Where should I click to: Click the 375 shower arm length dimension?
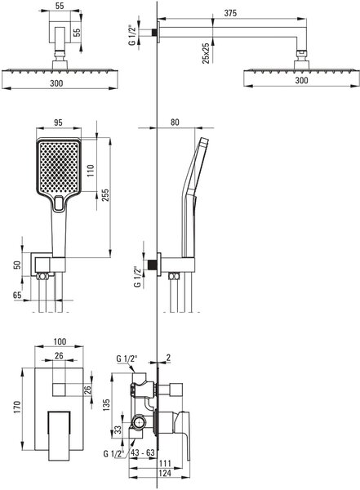click(x=230, y=13)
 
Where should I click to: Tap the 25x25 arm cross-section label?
click(x=206, y=53)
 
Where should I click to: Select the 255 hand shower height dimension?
click(x=105, y=195)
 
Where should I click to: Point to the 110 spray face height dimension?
click(x=91, y=171)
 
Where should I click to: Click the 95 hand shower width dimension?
click(x=58, y=122)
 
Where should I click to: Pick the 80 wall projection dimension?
click(x=175, y=122)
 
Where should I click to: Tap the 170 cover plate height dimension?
click(x=17, y=408)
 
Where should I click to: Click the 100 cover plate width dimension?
click(x=60, y=341)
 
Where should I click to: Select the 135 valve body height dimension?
click(x=106, y=405)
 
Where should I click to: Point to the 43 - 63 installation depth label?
click(x=143, y=452)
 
